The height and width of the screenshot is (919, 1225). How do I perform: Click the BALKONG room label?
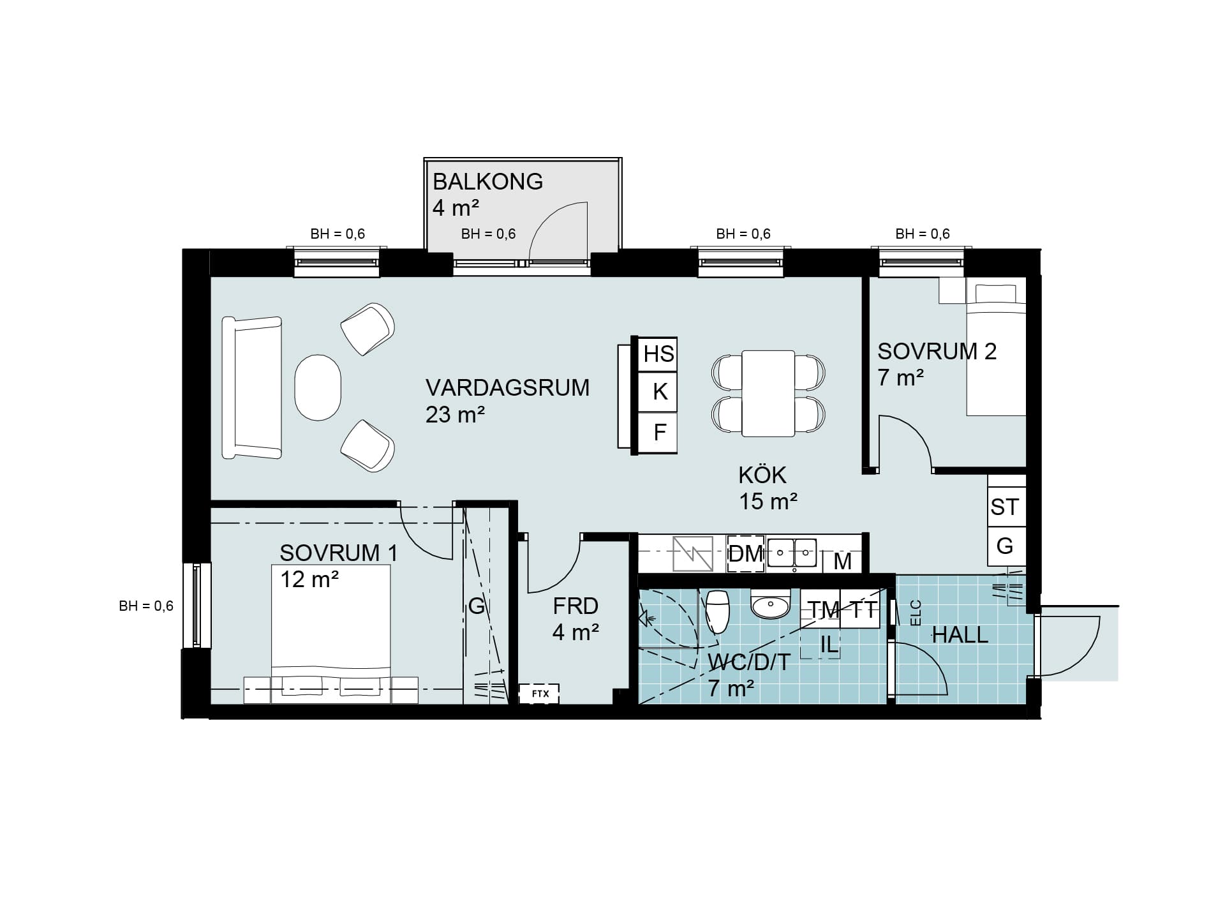(487, 182)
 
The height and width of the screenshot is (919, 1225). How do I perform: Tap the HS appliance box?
(658, 354)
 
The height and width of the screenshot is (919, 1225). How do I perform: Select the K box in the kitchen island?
(658, 391)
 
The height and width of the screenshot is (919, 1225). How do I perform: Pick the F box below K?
(658, 433)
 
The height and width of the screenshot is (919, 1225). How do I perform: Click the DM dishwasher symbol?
(746, 553)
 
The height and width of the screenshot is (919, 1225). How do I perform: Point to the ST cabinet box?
(1006, 507)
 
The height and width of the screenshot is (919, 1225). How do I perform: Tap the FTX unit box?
(539, 694)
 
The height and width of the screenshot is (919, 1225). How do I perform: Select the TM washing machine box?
(821, 609)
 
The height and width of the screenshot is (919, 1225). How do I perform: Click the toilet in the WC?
(718, 611)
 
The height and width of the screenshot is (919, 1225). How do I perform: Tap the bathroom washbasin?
(771, 604)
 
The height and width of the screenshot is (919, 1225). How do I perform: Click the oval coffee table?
(318, 387)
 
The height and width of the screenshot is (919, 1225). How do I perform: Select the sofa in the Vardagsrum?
(252, 387)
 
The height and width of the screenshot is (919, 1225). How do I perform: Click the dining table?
(768, 393)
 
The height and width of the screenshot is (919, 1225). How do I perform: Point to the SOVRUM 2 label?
(937, 352)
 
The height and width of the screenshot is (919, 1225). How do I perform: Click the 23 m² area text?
(455, 415)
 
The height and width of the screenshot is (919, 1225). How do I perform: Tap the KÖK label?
(762, 475)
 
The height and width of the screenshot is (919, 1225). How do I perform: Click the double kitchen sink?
(792, 553)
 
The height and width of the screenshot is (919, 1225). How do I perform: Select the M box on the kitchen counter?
(842, 561)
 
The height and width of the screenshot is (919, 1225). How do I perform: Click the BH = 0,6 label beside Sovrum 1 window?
(146, 606)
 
